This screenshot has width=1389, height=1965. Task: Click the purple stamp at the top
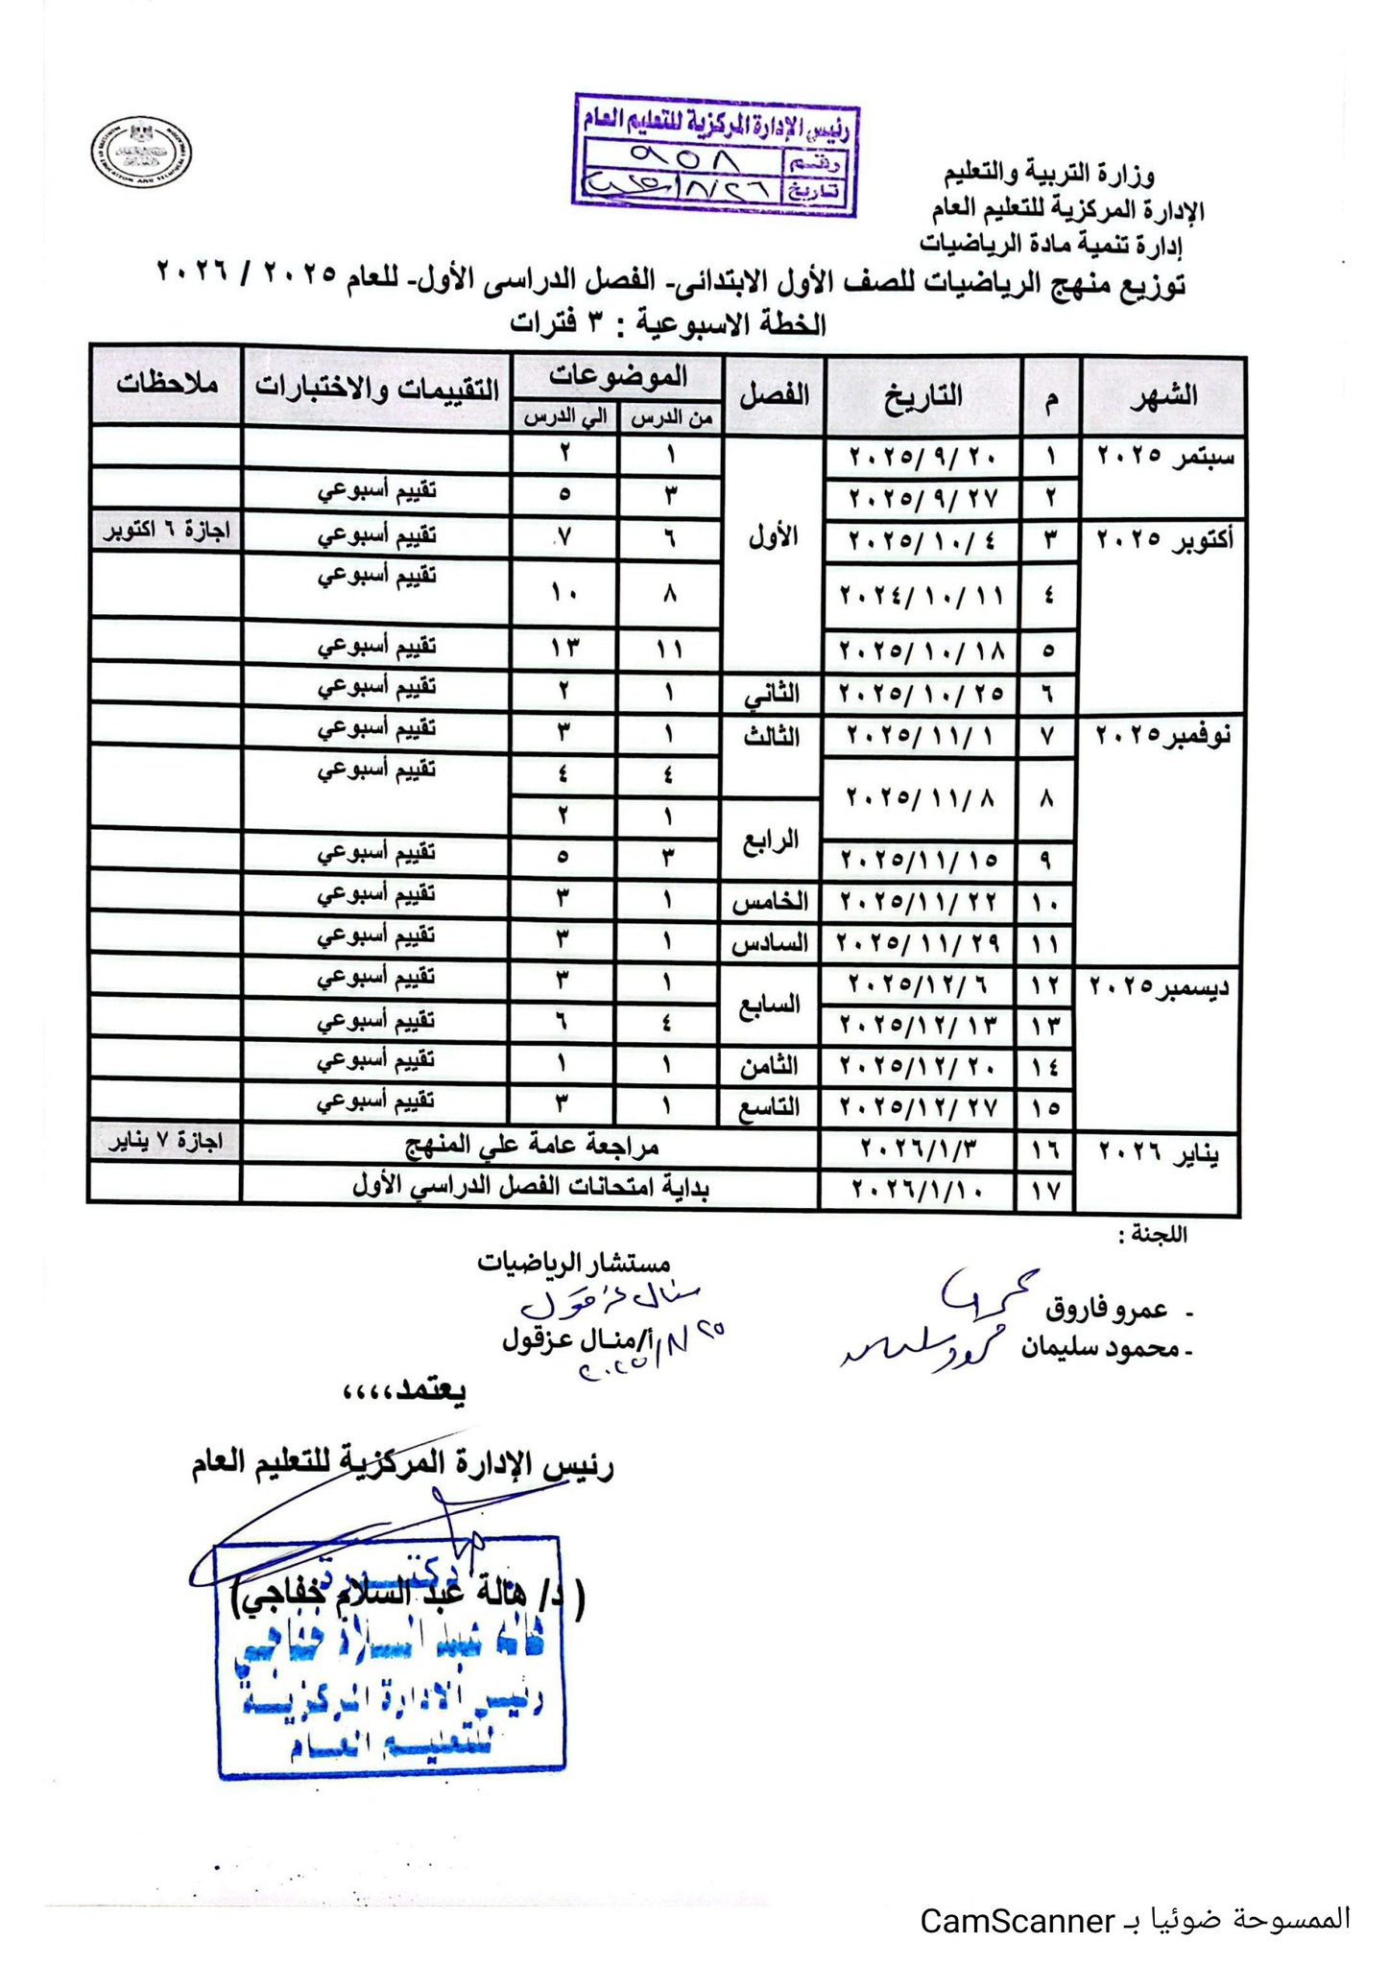(715, 154)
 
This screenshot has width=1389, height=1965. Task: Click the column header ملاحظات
(167, 386)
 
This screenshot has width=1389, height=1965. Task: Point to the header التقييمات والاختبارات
(376, 388)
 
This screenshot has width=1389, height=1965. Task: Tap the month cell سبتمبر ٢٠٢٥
(1164, 456)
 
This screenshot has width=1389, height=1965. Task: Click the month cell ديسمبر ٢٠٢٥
(1160, 986)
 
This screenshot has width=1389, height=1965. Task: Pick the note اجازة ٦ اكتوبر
(167, 532)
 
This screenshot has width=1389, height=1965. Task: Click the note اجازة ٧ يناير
(165, 1142)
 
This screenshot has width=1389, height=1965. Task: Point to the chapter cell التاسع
(772, 1107)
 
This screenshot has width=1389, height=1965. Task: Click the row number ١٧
(1045, 1191)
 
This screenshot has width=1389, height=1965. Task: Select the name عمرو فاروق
(1106, 1309)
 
